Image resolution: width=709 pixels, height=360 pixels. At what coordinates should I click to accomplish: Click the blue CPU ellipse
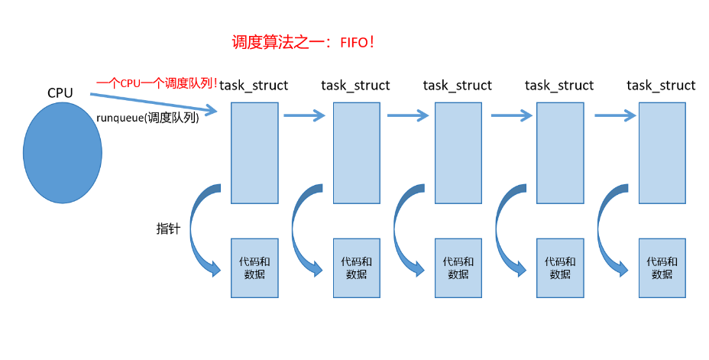(62, 152)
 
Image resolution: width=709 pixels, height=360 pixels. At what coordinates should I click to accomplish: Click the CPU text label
(60, 93)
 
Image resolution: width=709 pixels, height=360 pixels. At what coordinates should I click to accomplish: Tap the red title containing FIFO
(303, 41)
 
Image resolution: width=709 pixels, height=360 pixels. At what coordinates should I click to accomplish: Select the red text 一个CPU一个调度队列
(157, 83)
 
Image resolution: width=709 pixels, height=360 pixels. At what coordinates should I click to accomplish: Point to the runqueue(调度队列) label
(147, 118)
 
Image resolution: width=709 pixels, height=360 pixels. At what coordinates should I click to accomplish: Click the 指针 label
(168, 229)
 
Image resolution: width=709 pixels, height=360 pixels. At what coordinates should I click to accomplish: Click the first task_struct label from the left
(254, 86)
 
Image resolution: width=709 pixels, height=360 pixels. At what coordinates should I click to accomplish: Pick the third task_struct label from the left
(457, 86)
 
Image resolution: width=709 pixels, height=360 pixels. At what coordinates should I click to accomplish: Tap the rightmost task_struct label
(661, 86)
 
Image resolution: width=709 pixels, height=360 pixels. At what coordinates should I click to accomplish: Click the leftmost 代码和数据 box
(254, 268)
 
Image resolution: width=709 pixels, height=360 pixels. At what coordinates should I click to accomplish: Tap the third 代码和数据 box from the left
(458, 268)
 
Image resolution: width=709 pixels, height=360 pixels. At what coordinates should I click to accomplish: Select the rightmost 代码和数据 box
(662, 268)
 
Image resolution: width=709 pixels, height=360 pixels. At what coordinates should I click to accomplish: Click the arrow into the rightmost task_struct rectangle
(615, 116)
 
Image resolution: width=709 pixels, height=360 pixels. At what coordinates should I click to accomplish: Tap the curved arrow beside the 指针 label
(200, 229)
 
